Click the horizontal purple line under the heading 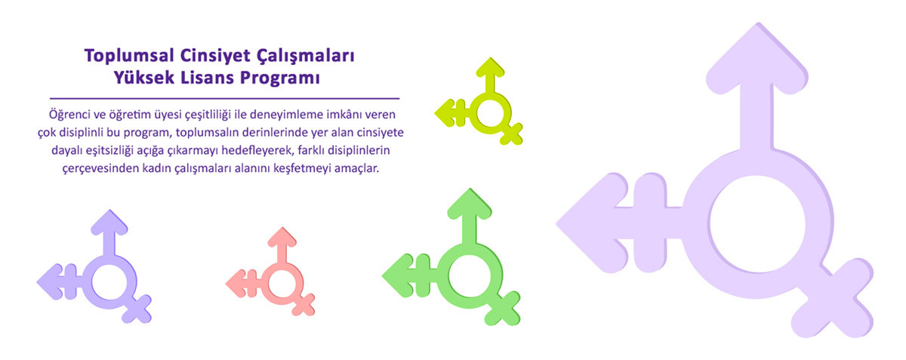coord(224,98)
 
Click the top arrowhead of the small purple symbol coord(109,222)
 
